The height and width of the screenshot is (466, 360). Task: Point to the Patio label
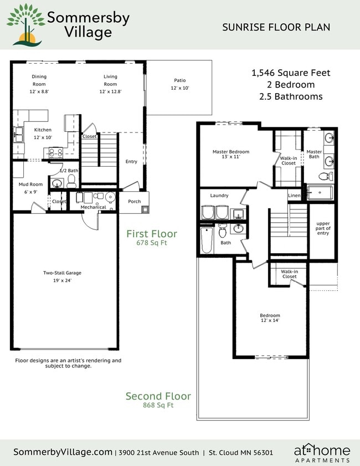180,84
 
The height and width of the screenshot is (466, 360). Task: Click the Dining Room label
39,80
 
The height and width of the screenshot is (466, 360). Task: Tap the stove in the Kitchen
55,151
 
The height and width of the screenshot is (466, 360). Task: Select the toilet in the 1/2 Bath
56,182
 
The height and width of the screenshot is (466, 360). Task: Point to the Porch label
134,202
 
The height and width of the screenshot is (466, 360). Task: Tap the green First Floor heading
151,234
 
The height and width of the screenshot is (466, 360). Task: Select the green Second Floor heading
158,396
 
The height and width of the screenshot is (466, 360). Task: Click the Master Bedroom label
231,154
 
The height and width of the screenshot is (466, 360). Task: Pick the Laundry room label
219,196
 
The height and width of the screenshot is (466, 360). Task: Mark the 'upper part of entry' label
323,228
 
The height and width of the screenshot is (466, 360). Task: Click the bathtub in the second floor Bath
206,240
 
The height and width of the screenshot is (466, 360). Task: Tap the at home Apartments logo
322,453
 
